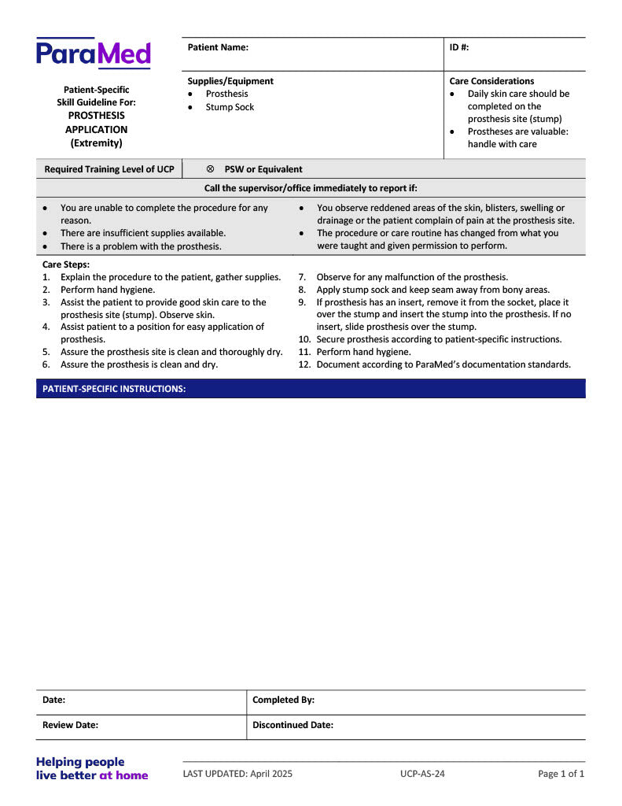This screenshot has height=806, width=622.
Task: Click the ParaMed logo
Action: click(93, 54)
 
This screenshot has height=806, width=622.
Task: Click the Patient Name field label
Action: click(218, 47)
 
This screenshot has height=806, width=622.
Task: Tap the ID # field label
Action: click(459, 47)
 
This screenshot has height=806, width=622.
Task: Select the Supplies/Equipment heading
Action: click(230, 81)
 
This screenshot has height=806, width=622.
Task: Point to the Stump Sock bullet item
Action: click(230, 107)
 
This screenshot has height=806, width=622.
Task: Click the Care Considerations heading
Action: click(491, 81)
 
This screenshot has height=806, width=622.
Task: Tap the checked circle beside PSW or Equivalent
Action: click(210, 169)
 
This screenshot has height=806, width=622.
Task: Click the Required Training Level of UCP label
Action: click(109, 169)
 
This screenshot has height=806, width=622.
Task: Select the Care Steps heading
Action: click(66, 264)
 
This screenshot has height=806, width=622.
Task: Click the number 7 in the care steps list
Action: click(302, 277)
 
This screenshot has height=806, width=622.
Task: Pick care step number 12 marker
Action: click(304, 364)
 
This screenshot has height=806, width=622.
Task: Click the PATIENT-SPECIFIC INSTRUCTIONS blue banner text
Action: click(114, 389)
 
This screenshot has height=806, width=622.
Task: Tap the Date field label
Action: click(53, 700)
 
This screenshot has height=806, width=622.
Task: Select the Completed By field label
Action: click(283, 700)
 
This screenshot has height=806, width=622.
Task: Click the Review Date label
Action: click(70, 725)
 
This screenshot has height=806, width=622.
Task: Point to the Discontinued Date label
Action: click(293, 725)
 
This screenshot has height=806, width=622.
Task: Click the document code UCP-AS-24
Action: click(422, 774)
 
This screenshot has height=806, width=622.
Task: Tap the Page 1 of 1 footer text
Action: click(561, 774)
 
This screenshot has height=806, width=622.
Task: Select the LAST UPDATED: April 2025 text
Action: click(237, 774)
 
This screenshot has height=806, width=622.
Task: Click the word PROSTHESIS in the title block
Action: click(96, 116)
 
